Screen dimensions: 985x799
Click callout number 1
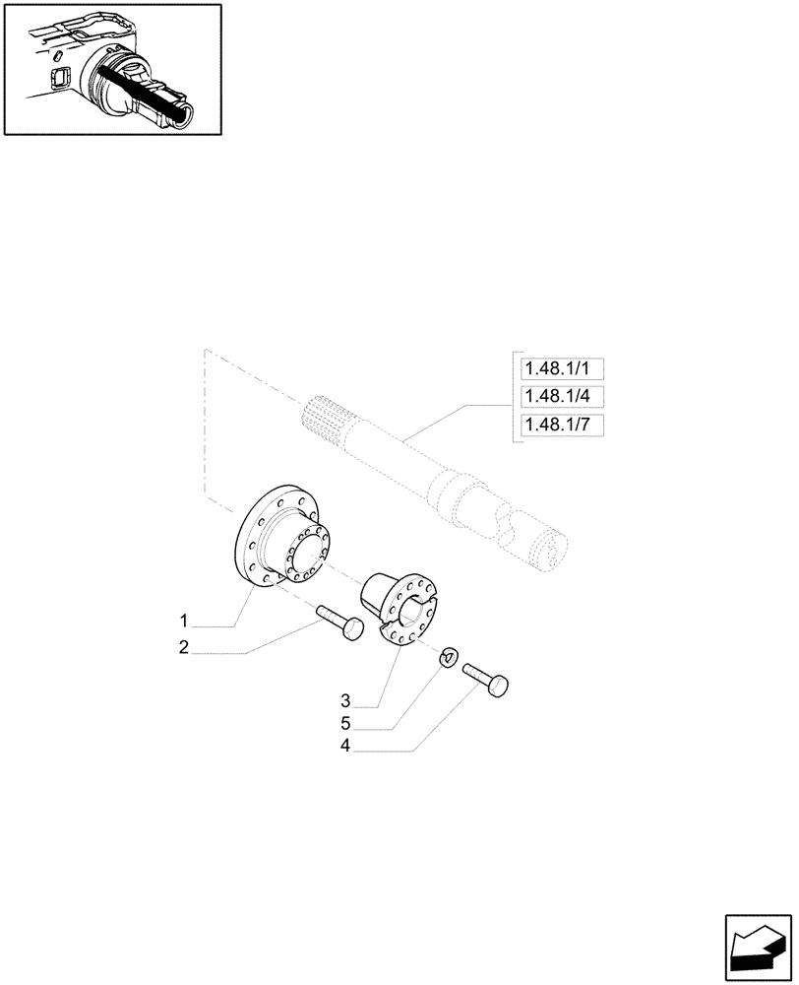184,622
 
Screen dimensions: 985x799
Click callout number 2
184,647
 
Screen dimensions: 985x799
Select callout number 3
345,701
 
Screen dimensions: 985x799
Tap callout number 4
345,747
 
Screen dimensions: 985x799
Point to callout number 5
345,724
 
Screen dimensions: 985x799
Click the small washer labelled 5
448,655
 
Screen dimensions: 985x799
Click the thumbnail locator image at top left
111,68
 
